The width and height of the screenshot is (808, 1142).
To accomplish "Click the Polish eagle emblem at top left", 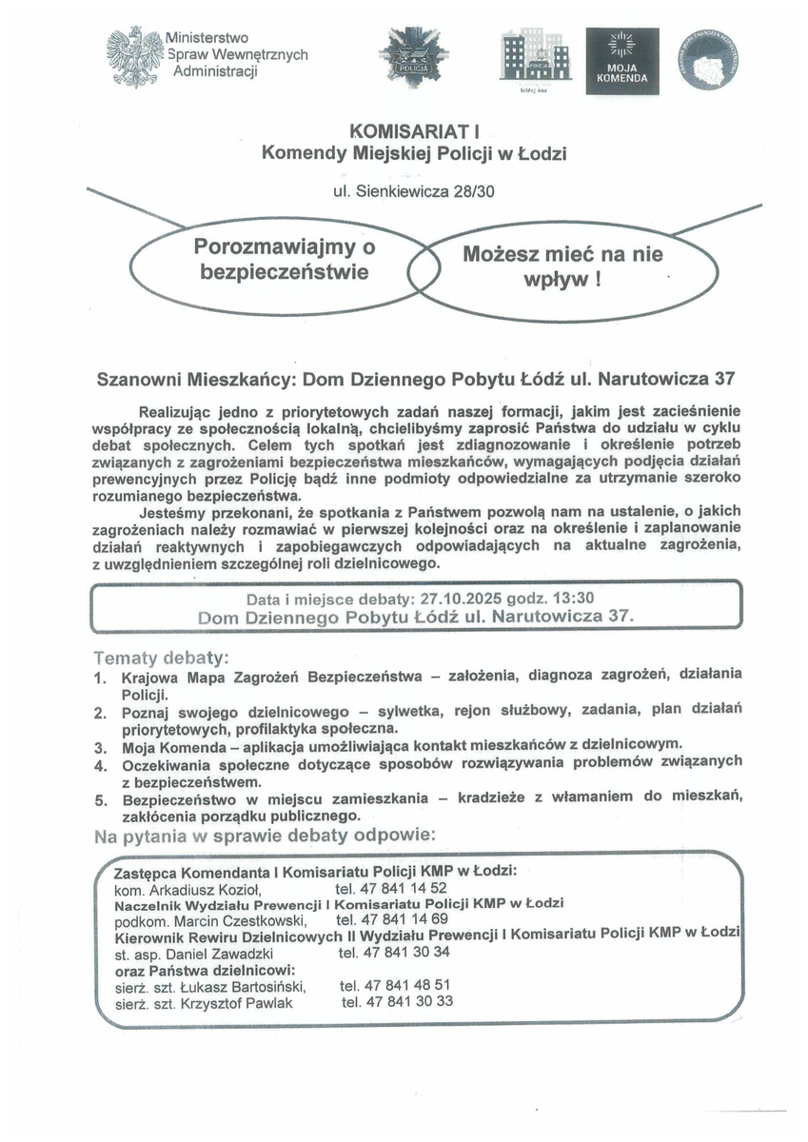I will tap(133, 57).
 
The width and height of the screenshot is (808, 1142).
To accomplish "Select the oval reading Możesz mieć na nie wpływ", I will tap(563, 267).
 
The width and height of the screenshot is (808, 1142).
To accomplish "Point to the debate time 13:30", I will tap(574, 599).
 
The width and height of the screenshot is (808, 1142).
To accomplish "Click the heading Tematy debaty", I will tap(161, 659).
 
